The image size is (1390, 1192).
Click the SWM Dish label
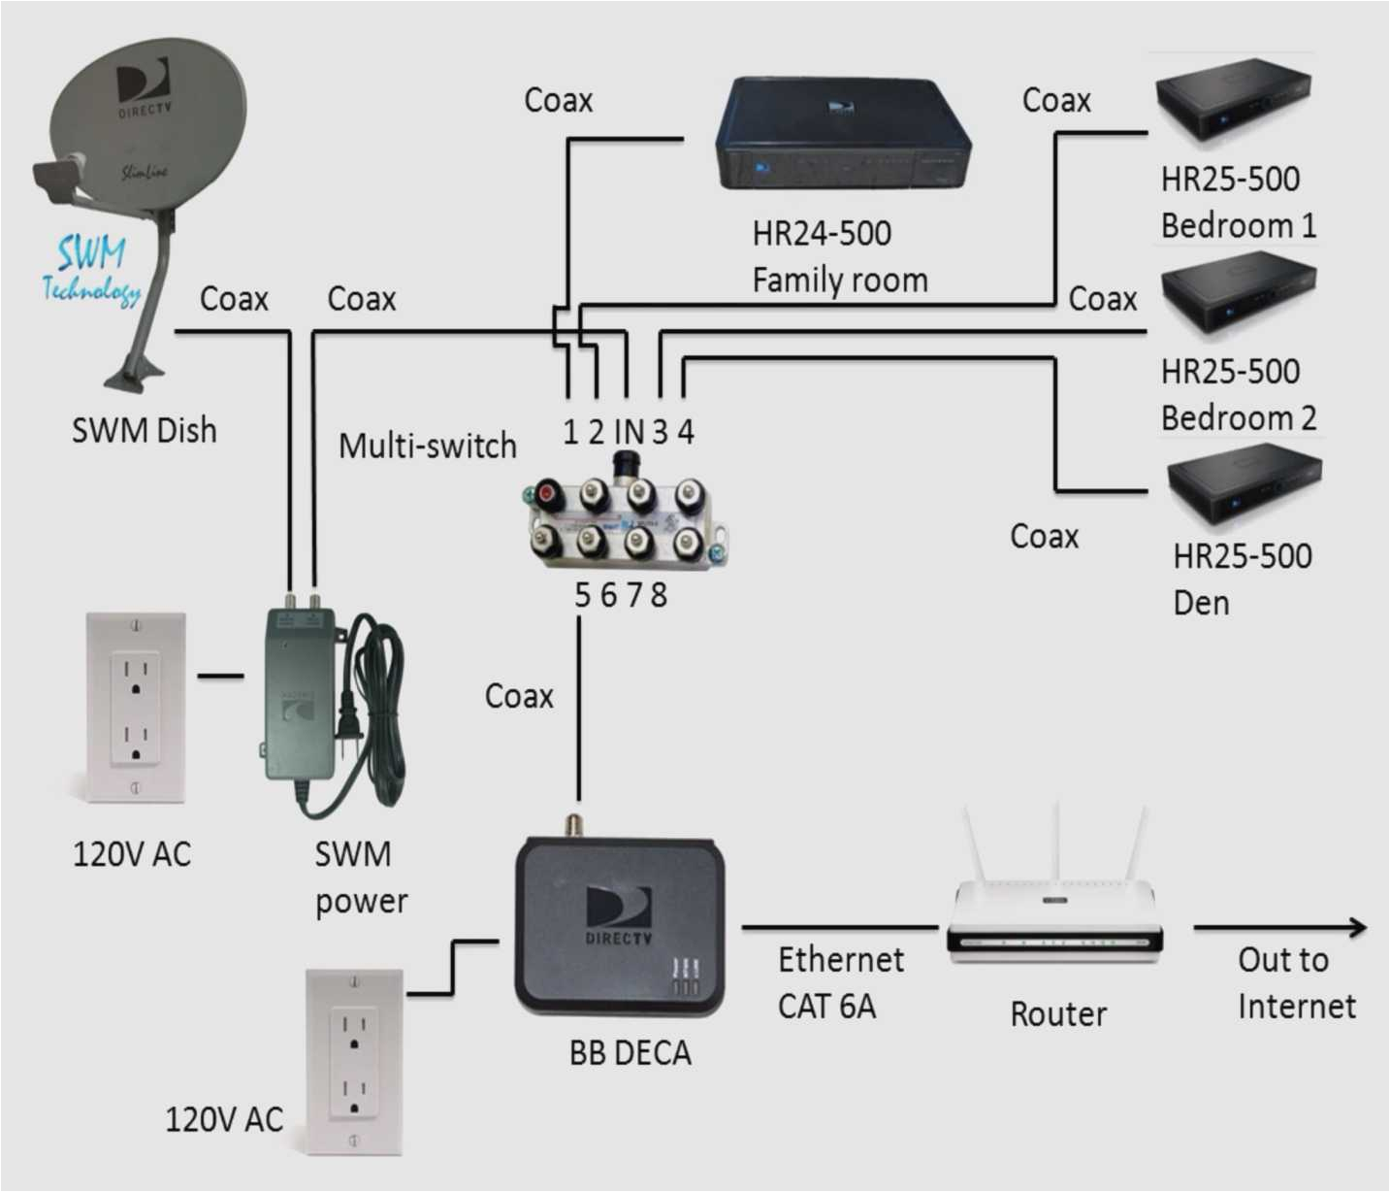click(x=145, y=430)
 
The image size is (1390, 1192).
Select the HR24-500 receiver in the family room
click(x=841, y=136)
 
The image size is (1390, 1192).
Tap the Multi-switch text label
click(x=427, y=446)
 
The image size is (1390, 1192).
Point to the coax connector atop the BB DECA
click(x=574, y=825)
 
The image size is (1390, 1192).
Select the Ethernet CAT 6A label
click(x=840, y=982)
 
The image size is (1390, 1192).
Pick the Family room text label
click(x=840, y=281)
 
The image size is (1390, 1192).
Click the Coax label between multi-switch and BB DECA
click(x=519, y=696)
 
